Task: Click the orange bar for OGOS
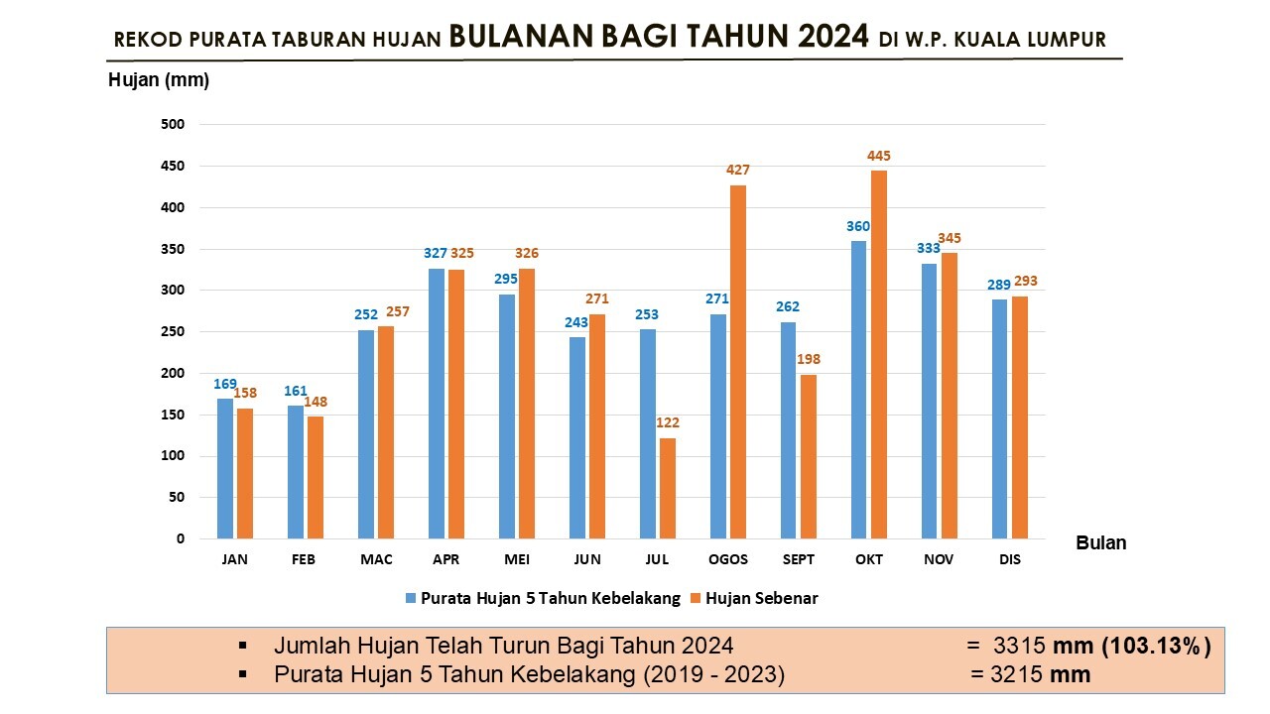click(738, 362)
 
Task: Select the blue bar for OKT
click(858, 390)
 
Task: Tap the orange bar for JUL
click(668, 488)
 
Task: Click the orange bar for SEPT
click(809, 456)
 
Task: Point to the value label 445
click(878, 156)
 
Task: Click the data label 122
click(668, 423)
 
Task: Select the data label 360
click(858, 226)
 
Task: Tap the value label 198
click(809, 359)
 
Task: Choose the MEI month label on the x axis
click(517, 559)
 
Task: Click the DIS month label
click(1010, 559)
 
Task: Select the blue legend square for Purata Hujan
click(411, 598)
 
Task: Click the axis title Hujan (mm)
click(159, 80)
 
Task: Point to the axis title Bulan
click(1101, 542)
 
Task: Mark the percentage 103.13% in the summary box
click(1157, 646)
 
